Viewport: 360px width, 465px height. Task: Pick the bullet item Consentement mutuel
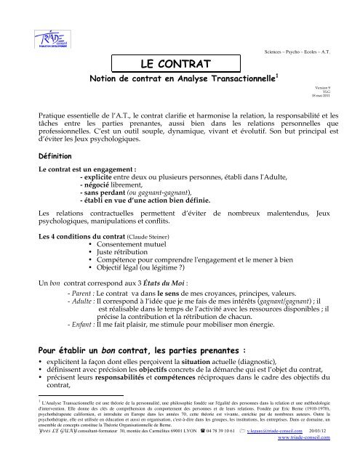pos(132,225)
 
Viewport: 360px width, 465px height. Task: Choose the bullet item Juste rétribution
pos(124,234)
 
